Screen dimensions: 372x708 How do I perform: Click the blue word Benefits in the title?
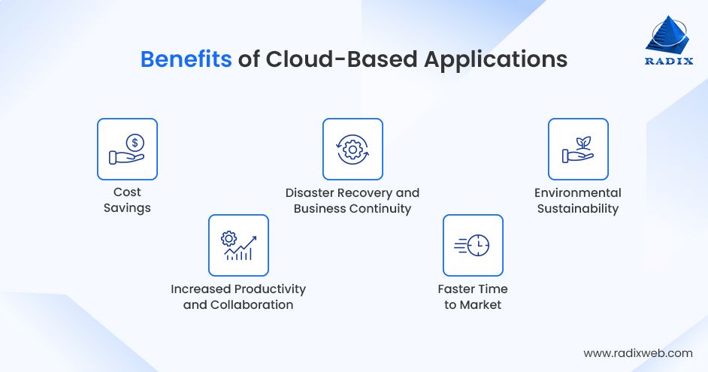[186, 59]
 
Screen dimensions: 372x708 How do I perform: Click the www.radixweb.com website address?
[638, 352]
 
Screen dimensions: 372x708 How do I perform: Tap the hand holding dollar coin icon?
[127, 149]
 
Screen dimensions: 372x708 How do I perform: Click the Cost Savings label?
[127, 200]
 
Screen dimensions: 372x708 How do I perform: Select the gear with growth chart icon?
[238, 245]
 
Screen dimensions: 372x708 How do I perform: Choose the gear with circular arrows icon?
[352, 149]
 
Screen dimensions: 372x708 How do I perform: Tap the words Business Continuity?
[352, 209]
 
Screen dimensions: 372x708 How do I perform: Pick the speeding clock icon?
[473, 245]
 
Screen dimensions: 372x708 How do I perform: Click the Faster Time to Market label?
[473, 297]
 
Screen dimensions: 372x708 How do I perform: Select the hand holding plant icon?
[578, 149]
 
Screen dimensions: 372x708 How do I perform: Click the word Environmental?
[578, 192]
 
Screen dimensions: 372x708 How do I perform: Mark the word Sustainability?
[578, 209]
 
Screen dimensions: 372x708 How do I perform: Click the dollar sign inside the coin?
[134, 141]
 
